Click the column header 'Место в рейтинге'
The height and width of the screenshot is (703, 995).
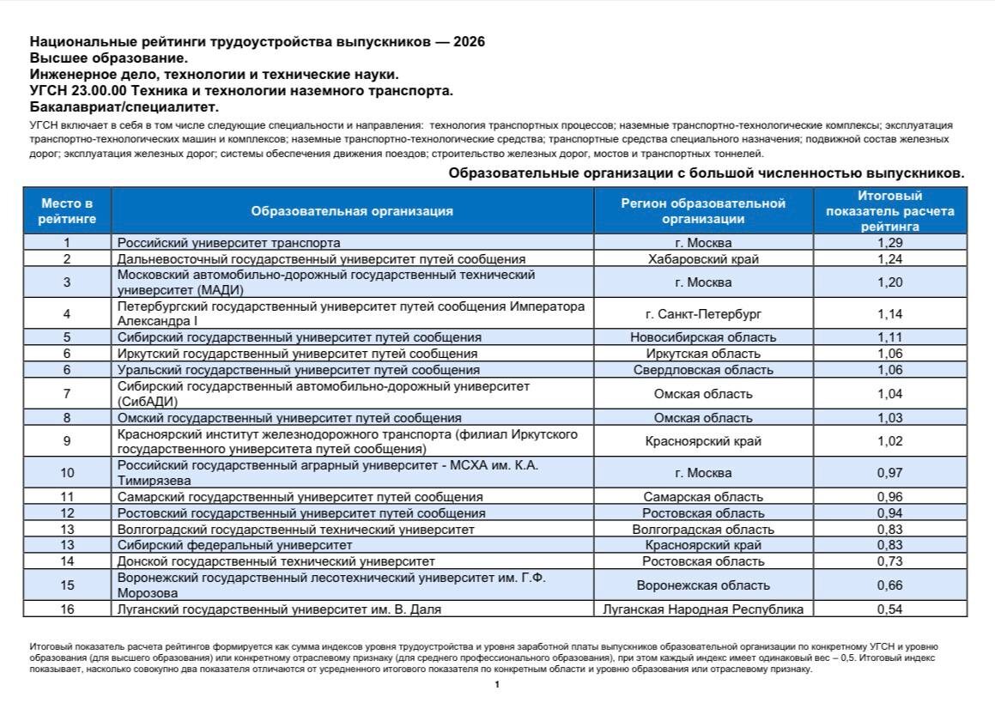[67, 211]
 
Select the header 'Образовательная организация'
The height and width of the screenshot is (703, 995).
[352, 211]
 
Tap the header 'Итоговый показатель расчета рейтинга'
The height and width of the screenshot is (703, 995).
[890, 211]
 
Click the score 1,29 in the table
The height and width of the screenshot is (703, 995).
[890, 243]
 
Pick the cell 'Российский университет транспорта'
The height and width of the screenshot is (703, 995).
[228, 243]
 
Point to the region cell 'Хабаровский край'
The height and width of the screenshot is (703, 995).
[703, 258]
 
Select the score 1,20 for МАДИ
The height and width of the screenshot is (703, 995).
[890, 282]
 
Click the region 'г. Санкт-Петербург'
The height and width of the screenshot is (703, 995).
[703, 314]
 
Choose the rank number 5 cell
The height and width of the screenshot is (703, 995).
[67, 337]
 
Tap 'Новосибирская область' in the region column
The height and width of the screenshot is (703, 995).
[703, 337]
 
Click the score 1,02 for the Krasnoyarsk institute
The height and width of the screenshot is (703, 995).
[890, 441]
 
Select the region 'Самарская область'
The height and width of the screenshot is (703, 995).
[703, 497]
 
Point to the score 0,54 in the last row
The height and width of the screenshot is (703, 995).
[890, 609]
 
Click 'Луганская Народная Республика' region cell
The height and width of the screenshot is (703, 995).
[703, 609]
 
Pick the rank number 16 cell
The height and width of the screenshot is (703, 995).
[67, 609]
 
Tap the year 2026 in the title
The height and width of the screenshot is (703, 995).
[469, 41]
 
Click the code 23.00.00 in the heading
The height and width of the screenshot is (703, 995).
[98, 90]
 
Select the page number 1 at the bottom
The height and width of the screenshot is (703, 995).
[497, 684]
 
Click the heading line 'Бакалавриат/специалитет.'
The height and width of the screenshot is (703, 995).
[124, 106]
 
